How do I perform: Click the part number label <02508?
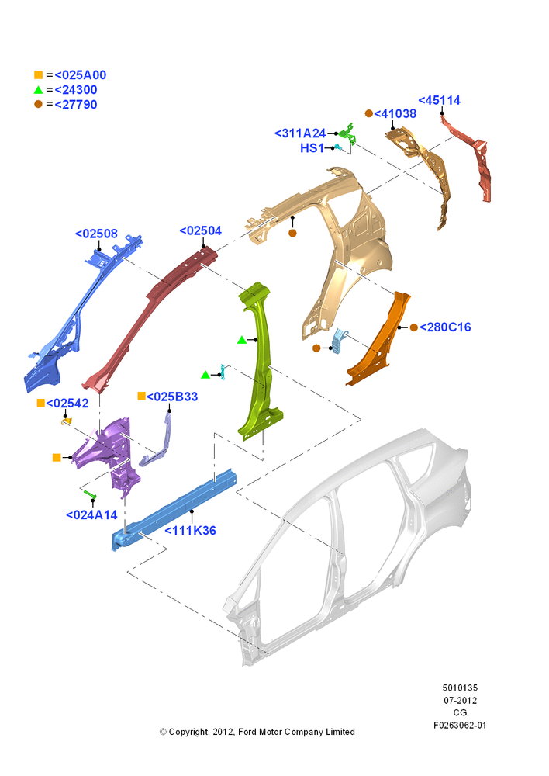coord(96,234)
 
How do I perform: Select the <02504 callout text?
coord(200,230)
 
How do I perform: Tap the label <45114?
coord(439,100)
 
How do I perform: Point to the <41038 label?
coord(395,114)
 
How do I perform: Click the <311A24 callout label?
coord(300,133)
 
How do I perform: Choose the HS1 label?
coord(312,148)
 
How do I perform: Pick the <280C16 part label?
coord(445,327)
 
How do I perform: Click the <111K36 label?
coord(191,531)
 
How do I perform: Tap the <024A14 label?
coord(91,515)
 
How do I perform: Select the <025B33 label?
coord(172,397)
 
